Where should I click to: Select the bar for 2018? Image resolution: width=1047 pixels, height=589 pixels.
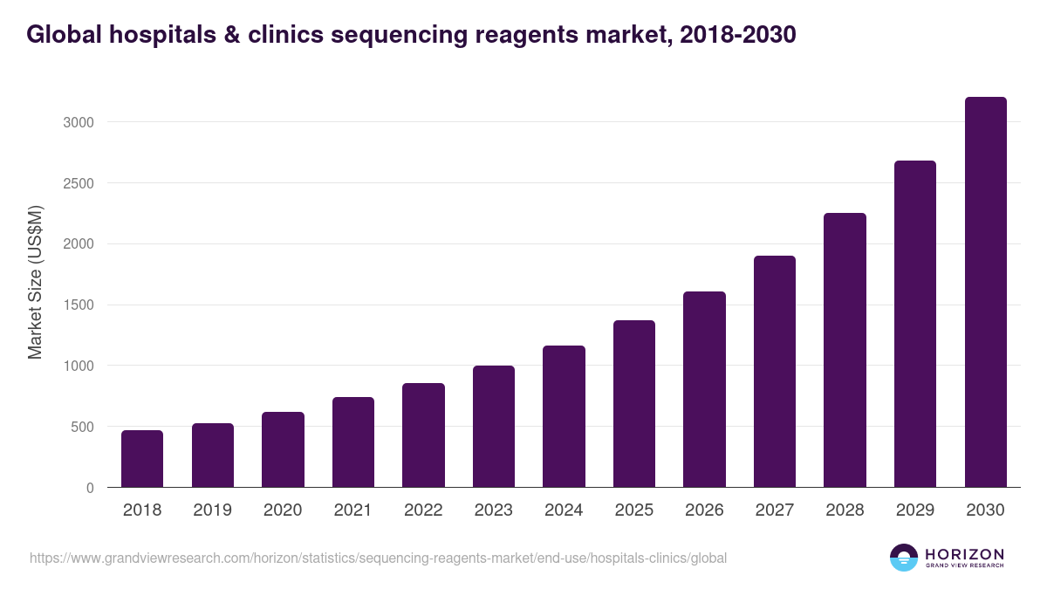pos(142,458)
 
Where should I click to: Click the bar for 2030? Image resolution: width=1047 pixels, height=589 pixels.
pos(985,292)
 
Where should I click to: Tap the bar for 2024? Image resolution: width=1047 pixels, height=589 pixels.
pos(564,416)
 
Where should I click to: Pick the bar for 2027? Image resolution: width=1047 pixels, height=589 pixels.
pos(774,371)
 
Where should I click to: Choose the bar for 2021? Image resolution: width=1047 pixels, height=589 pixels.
pos(353,442)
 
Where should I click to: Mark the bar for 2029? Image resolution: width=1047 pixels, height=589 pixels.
pos(914,324)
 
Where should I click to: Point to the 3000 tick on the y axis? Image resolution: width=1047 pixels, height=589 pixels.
pos(78,122)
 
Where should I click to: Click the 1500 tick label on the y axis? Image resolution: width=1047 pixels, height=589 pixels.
pos(78,305)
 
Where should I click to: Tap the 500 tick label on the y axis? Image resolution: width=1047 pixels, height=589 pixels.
pos(81,427)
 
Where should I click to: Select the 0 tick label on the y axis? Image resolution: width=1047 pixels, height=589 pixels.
pos(90,488)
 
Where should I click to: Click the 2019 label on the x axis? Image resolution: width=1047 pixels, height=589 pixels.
pos(212,510)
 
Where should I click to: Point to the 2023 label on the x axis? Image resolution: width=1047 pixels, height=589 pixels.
pos(493,510)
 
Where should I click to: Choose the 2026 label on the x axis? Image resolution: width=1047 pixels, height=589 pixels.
pos(704,510)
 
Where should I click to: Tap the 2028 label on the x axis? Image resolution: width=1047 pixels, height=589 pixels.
pos(845,510)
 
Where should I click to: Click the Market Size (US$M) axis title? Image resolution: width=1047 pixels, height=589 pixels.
pos(35,283)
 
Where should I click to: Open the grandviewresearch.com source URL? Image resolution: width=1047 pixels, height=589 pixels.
pos(378,558)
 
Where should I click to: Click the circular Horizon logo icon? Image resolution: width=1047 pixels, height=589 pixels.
pos(904,558)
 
